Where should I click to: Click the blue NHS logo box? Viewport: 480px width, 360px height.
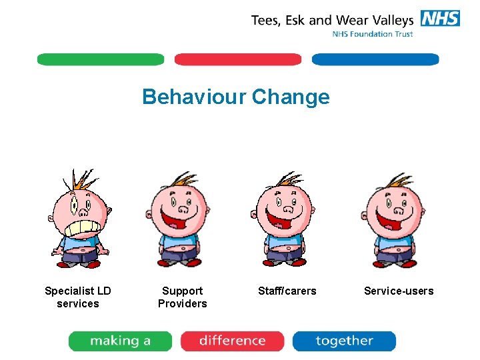440,18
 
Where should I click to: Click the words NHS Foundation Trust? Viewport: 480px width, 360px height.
373,34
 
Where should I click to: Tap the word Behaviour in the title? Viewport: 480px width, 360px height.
193,97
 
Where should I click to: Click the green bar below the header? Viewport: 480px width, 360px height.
101,59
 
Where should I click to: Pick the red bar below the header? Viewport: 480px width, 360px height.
238,59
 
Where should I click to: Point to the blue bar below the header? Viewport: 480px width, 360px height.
375,59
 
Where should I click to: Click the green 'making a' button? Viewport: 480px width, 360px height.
120,341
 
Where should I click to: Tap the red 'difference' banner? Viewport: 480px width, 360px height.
232,341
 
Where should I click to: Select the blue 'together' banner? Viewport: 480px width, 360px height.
344,341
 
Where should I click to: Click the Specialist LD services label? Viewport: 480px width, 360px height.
78,297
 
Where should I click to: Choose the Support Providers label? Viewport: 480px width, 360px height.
182,297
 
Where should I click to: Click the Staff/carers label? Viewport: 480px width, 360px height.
287,291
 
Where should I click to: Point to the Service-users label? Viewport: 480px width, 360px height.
399,291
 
